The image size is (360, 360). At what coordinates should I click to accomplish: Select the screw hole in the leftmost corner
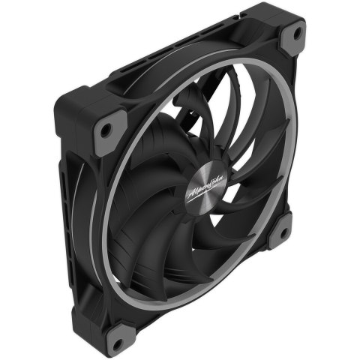coord(106,130)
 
